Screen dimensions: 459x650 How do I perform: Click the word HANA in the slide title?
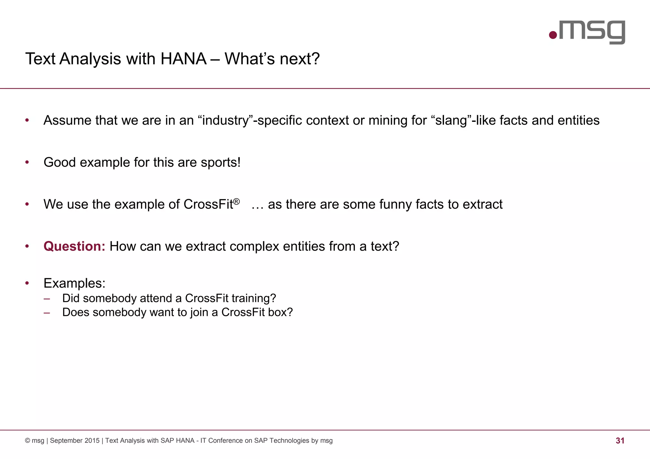[x=183, y=59]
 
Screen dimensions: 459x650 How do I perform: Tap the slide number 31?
[x=620, y=441]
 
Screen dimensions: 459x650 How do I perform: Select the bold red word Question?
[x=74, y=246]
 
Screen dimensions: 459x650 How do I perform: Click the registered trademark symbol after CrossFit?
[x=236, y=201]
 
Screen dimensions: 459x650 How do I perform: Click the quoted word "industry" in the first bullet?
[x=225, y=121]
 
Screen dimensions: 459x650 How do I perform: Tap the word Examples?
[x=74, y=283]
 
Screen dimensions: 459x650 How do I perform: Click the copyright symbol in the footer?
[x=28, y=441]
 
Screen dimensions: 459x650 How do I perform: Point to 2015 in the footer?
[x=92, y=441]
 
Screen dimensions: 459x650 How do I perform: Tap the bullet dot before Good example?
[x=27, y=162]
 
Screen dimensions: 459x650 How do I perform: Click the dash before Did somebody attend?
[x=47, y=298]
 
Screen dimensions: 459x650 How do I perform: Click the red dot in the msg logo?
[x=553, y=35]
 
